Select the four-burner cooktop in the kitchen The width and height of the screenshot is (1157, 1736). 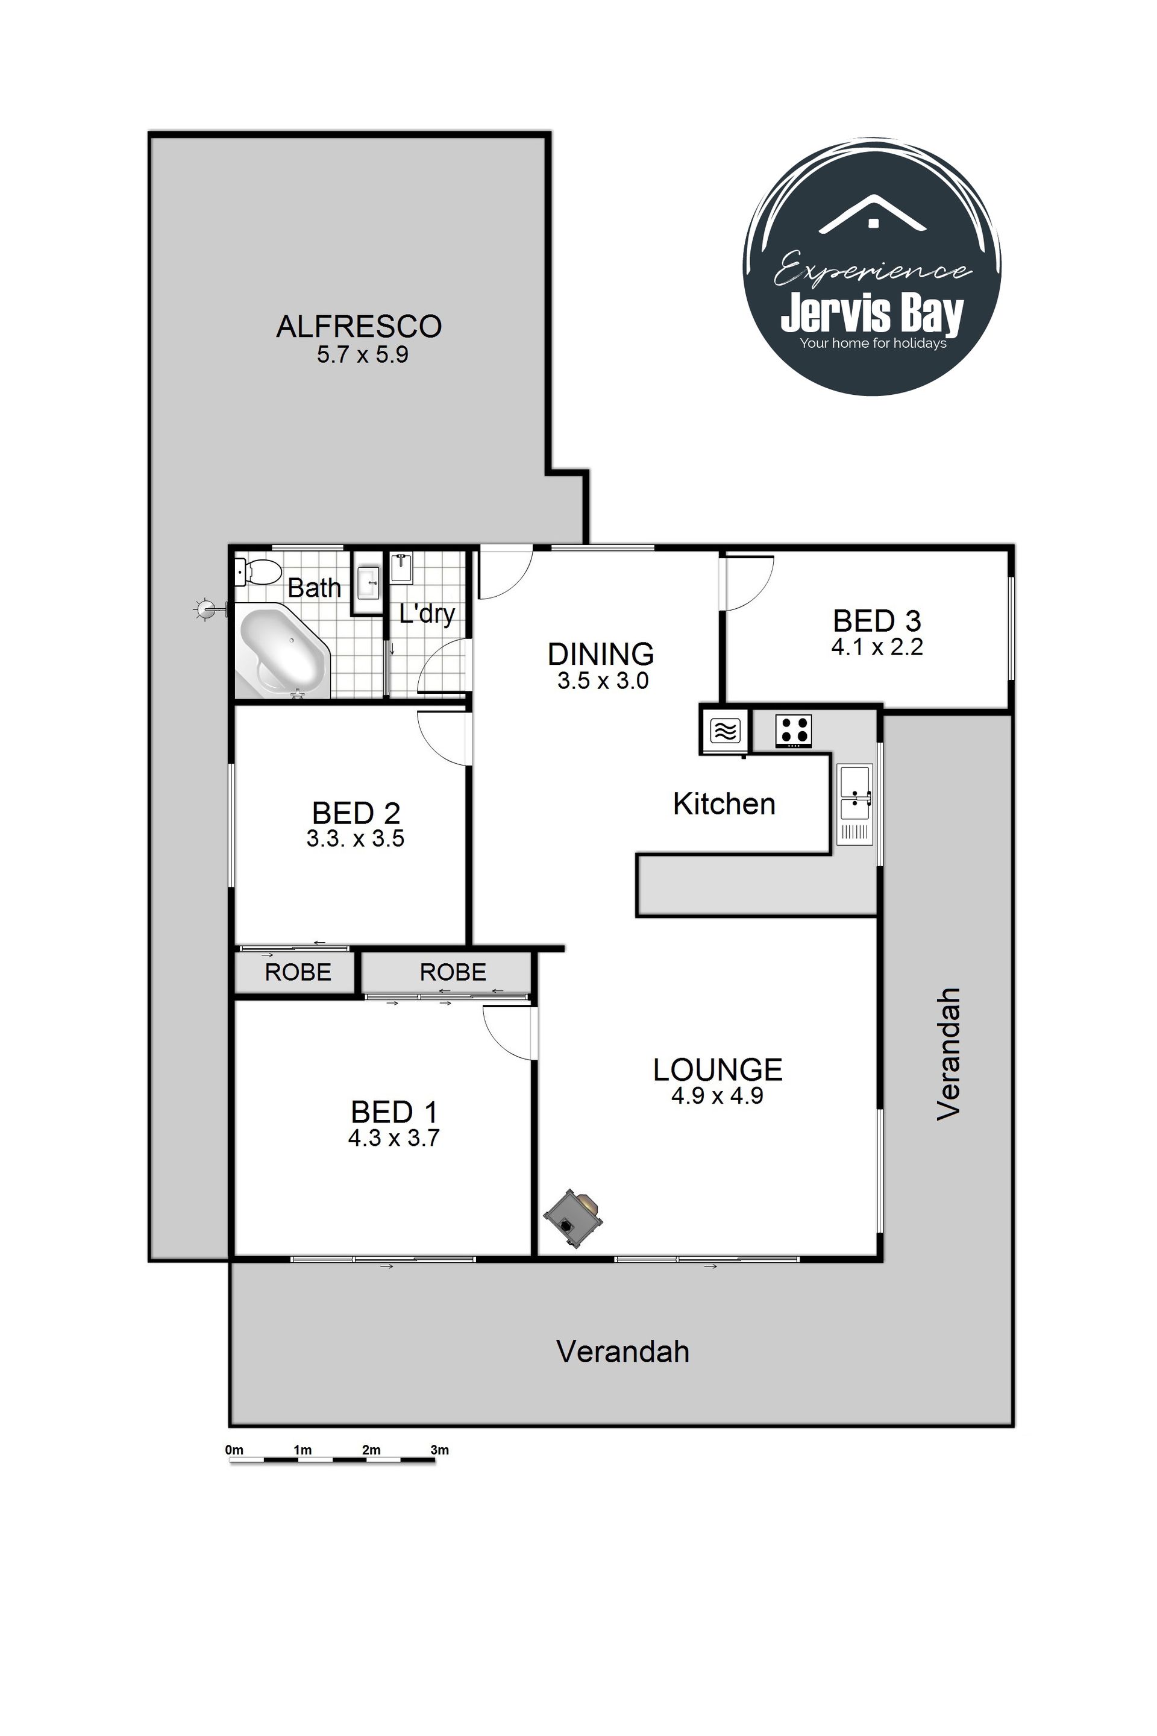[x=793, y=730]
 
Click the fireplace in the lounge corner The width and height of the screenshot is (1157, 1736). [x=572, y=1218]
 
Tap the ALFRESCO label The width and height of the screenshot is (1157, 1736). [x=359, y=326]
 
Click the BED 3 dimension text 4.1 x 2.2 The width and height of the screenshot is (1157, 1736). [x=877, y=647]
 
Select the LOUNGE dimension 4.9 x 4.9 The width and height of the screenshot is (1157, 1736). [x=717, y=1095]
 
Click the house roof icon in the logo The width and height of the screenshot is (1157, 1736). [x=873, y=214]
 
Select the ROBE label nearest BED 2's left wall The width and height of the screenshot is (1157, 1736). [x=298, y=972]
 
